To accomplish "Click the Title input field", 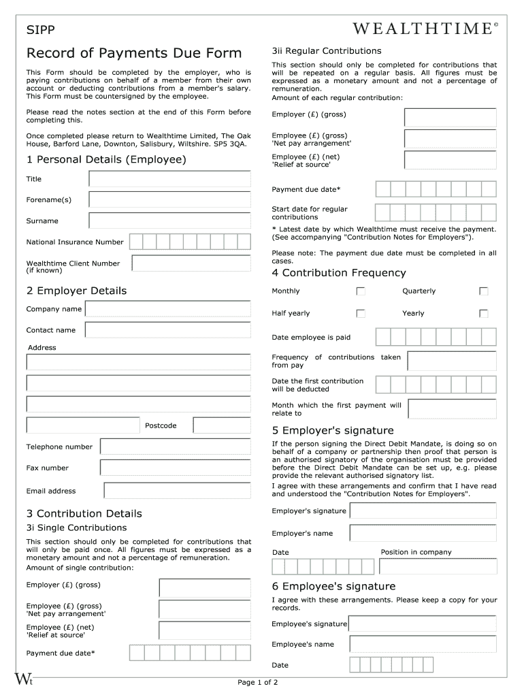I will pos(169,179).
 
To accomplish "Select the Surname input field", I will pos(169,221).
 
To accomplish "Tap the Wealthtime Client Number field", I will pos(191,263).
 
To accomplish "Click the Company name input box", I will pos(167,309).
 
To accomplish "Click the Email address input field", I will pos(177,491).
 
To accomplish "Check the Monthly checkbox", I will pos(361,291).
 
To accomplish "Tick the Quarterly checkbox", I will pos(483,291).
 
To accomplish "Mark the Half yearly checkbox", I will pos(361,314).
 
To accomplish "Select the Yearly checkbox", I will pos(483,314).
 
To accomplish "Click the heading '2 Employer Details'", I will pos(76,291).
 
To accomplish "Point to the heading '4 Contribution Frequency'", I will pos(338,273).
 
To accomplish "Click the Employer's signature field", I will pos(423,511).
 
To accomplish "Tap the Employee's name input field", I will pos(423,644).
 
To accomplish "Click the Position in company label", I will pos(416,552).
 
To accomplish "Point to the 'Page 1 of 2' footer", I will pos(257,682).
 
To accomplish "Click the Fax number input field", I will pos(175,468).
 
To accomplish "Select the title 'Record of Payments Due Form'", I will pos(133,53).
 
